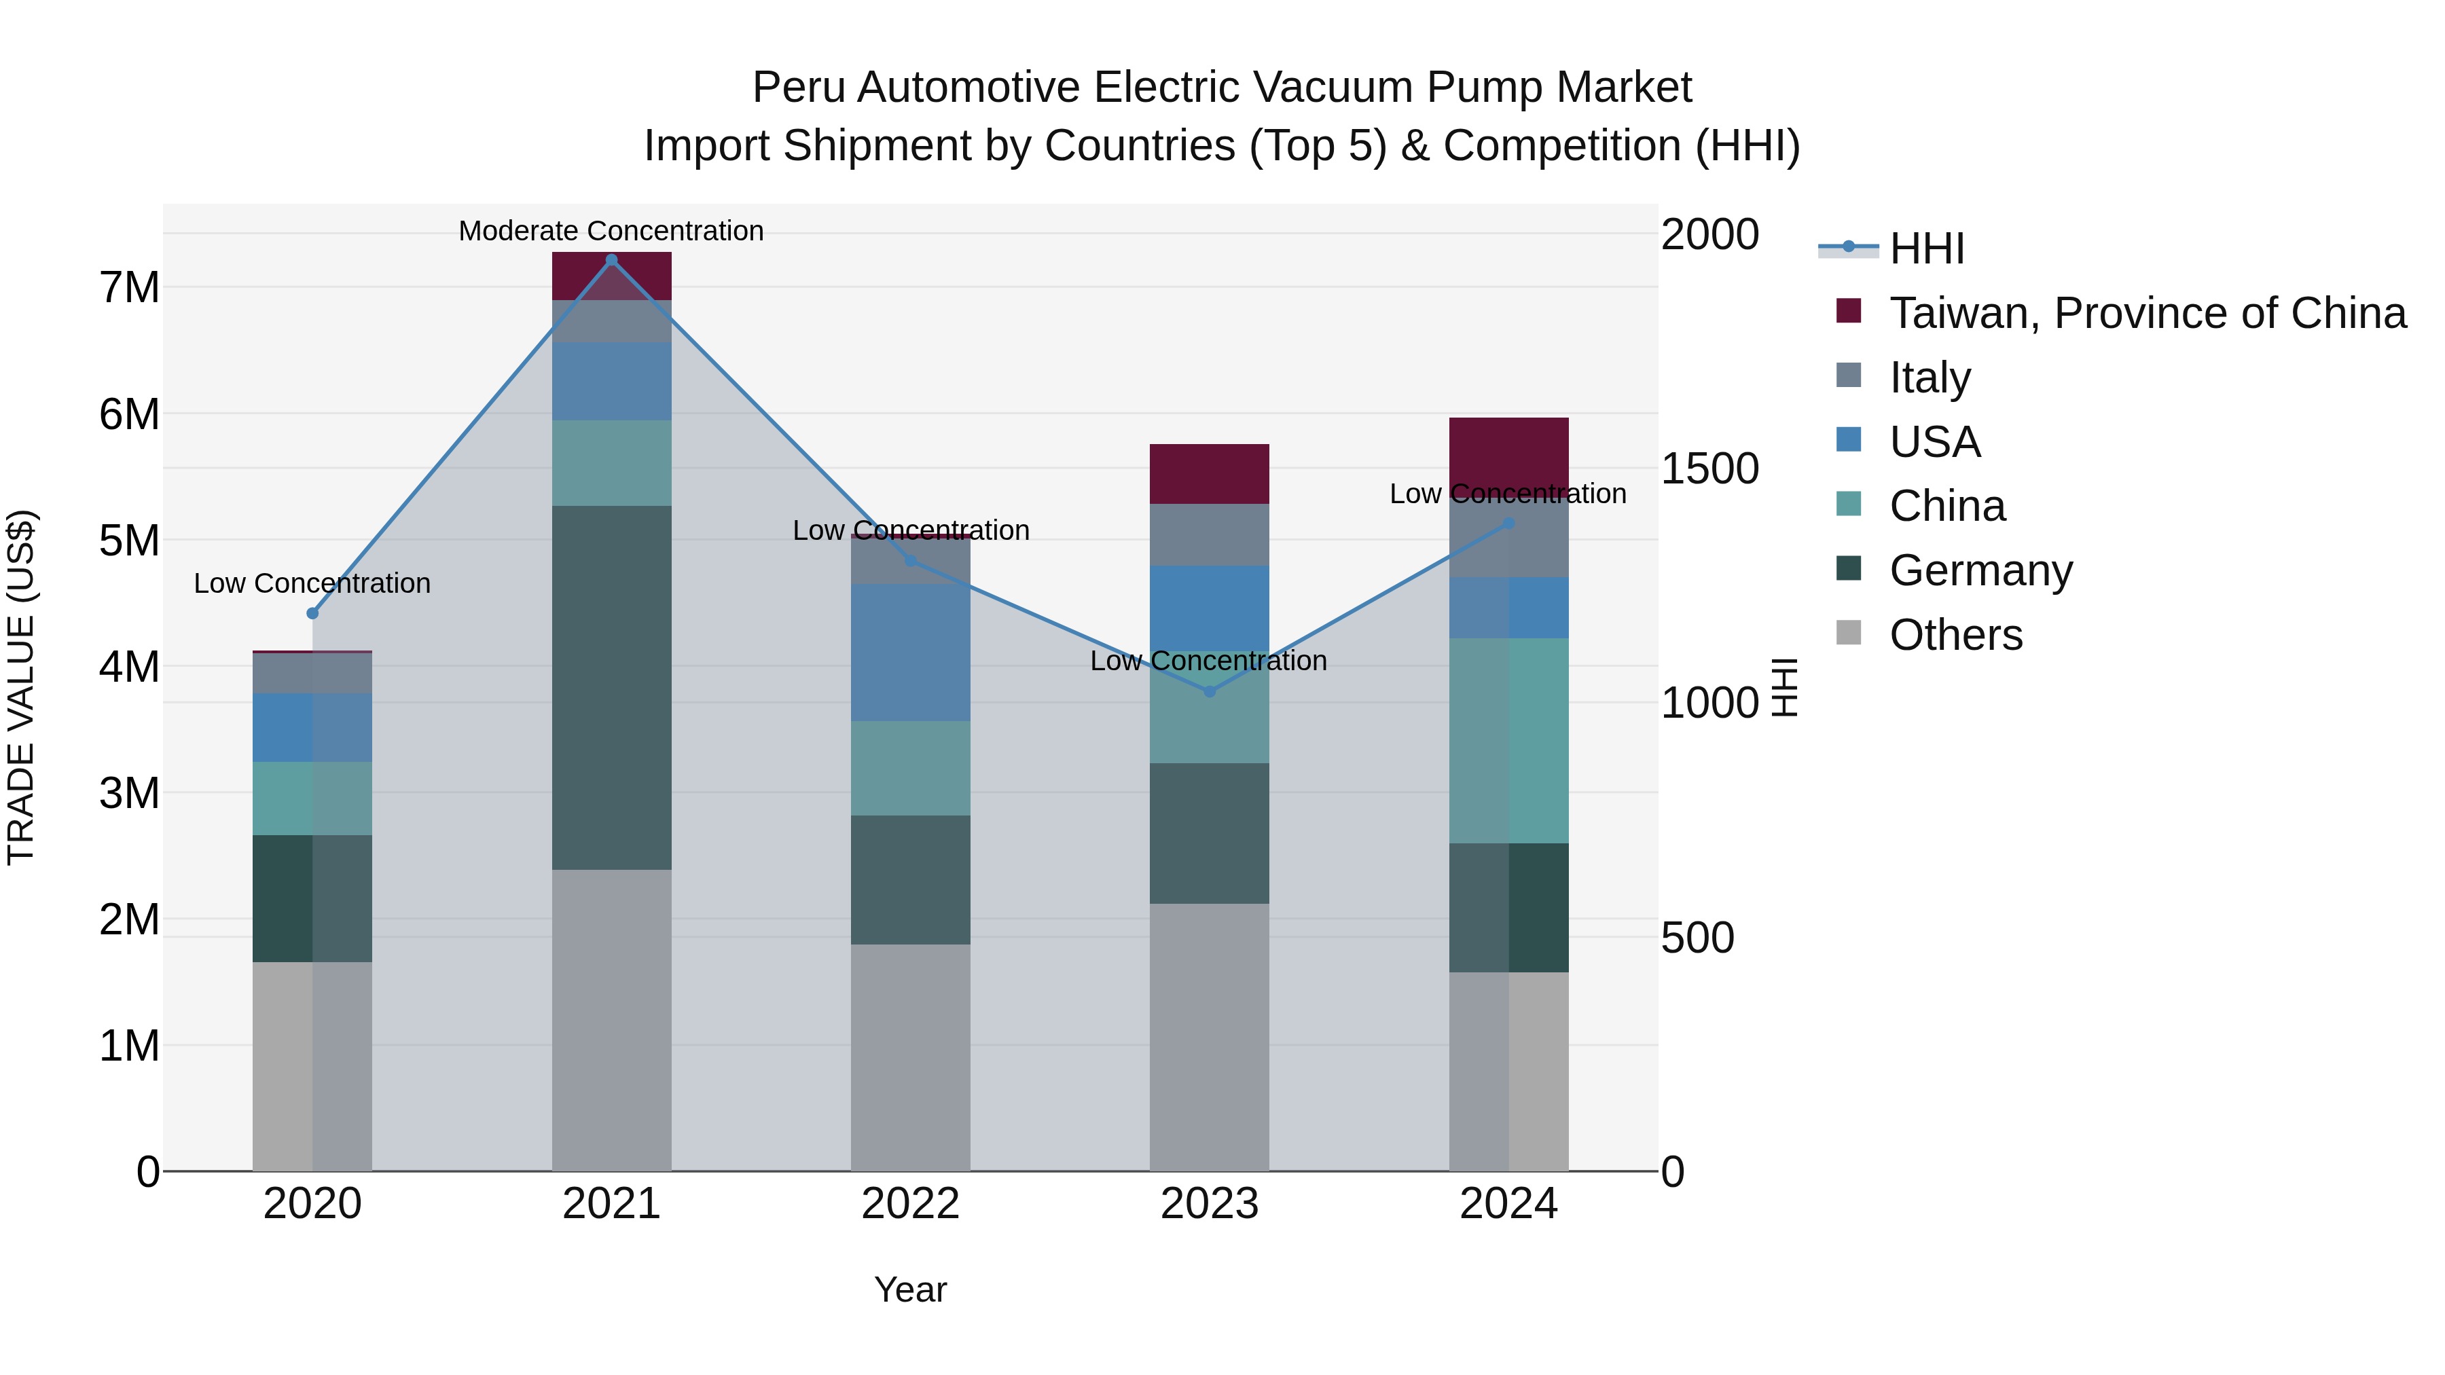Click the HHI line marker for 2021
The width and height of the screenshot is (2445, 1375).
pyautogui.click(x=611, y=260)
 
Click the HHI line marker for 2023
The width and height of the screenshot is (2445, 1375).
pyautogui.click(x=1209, y=692)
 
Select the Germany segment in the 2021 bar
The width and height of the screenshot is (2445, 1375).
pyautogui.click(x=611, y=687)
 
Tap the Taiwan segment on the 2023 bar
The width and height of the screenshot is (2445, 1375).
pyautogui.click(x=1209, y=473)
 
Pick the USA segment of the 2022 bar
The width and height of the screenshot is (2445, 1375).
pyautogui.click(x=910, y=652)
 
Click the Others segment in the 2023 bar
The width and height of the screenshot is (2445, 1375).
pyautogui.click(x=1209, y=1036)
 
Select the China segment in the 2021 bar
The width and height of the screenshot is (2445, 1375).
pyautogui.click(x=611, y=463)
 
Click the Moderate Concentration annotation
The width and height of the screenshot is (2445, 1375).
pyautogui.click(x=611, y=231)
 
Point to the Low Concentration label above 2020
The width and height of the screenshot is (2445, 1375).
pyautogui.click(x=312, y=583)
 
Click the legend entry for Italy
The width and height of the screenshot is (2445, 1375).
pyautogui.click(x=1930, y=377)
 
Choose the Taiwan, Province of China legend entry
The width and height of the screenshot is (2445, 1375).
pyautogui.click(x=2147, y=313)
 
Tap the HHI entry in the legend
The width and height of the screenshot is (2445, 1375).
pyautogui.click(x=1926, y=249)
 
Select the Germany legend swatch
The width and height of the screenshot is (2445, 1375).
pyautogui.click(x=1848, y=570)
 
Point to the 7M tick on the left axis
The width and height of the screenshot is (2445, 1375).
pyautogui.click(x=130, y=287)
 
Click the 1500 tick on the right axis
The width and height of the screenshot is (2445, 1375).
pyautogui.click(x=1709, y=468)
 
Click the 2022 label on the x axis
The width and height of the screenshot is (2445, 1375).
pyautogui.click(x=910, y=1204)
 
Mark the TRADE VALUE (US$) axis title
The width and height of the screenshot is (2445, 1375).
pyautogui.click(x=22, y=687)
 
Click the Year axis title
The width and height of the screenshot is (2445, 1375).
pyautogui.click(x=910, y=1289)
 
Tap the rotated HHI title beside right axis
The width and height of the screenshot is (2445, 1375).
pyautogui.click(x=1784, y=687)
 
